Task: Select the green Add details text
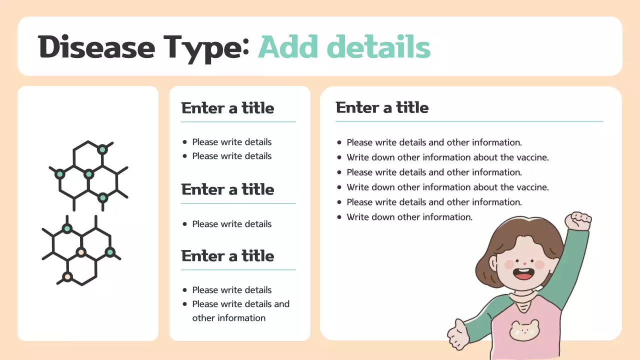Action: point(344,47)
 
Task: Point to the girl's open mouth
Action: point(523,274)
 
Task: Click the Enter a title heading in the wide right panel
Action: point(382,107)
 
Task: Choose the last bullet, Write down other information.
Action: point(409,217)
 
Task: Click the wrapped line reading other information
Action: point(228,318)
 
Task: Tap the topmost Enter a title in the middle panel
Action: point(227,108)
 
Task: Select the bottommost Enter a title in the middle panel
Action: point(227,256)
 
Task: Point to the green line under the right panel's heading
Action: point(469,121)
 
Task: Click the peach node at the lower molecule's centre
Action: point(81,252)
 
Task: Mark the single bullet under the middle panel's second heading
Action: point(231,224)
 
